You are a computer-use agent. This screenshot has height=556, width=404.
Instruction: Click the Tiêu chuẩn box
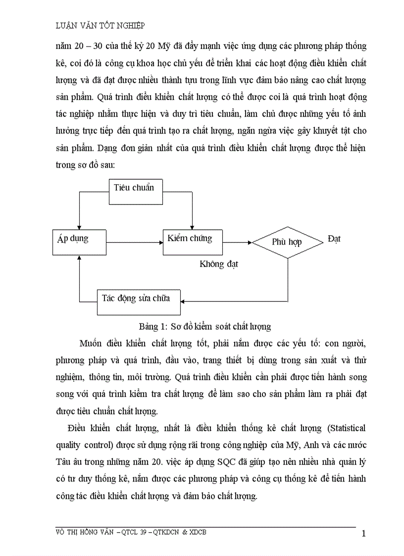136,191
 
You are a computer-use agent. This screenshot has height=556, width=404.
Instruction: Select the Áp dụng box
79,242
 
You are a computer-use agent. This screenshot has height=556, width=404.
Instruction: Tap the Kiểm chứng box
190,242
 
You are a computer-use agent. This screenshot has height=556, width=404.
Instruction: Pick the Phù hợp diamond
288,242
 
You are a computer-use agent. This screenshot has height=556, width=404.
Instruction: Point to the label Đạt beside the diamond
334,239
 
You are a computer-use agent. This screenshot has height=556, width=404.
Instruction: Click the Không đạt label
219,264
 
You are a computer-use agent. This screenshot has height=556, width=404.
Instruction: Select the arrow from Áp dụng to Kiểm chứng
134,242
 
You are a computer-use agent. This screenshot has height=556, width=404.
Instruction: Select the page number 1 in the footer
364,534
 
